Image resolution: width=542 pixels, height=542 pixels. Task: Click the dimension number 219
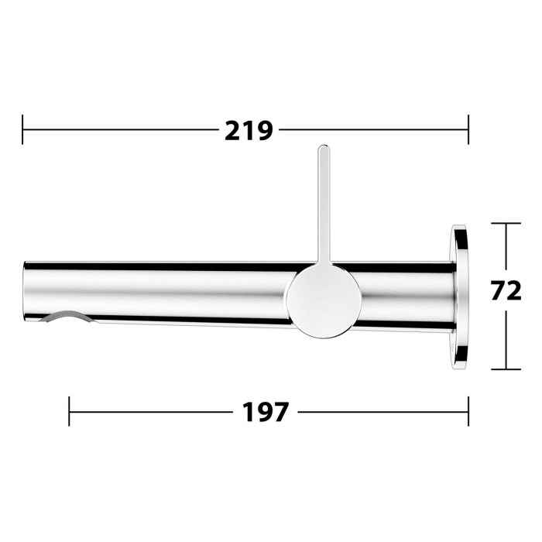249,130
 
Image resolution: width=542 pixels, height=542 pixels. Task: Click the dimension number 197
266,412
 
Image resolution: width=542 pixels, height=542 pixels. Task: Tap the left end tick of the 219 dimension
23,130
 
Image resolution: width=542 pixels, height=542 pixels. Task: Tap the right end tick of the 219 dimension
468,130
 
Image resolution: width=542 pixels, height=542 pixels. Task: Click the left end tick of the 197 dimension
70,412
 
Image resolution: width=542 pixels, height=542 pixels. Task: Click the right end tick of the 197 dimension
468,412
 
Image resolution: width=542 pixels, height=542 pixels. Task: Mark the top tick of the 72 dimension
506,223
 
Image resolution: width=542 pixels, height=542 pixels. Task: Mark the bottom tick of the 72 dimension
506,369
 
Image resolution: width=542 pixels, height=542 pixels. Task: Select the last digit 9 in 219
264,130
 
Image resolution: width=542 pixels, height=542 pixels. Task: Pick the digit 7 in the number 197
280,412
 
